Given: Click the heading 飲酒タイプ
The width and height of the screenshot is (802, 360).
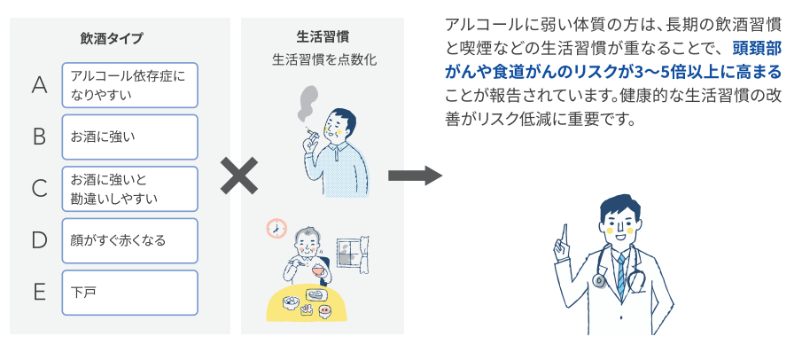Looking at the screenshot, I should (111, 38).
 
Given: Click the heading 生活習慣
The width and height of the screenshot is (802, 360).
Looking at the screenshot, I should (322, 37).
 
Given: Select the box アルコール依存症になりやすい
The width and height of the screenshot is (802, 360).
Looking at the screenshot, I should (129, 85).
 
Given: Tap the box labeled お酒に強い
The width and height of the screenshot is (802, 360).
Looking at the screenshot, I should (129, 137).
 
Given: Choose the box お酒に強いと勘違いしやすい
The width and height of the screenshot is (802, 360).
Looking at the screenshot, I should (129, 188).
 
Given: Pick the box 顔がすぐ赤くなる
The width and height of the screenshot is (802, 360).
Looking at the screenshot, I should (129, 239).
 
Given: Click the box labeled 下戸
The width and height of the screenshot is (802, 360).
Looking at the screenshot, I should (129, 292).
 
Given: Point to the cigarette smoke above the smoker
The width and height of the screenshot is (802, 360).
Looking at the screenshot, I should (307, 99).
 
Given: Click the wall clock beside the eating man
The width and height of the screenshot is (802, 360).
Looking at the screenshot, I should (276, 229).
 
